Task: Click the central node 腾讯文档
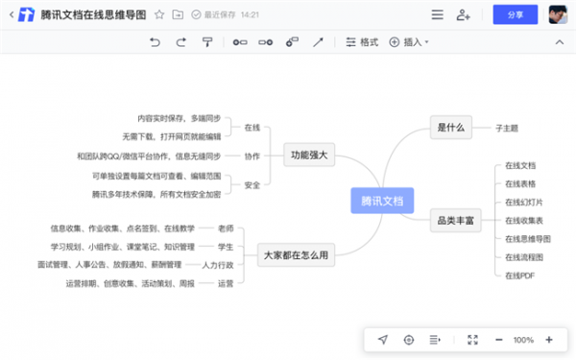click(381, 202)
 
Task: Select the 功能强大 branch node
click(308, 156)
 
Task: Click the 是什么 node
click(450, 127)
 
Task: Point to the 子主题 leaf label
click(507, 127)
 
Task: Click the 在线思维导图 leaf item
click(527, 238)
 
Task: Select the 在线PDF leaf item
click(519, 276)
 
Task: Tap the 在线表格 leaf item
click(520, 183)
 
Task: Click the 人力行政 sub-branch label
click(217, 264)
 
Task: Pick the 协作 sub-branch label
click(252, 156)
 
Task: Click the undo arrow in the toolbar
click(156, 42)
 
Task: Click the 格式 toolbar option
click(362, 42)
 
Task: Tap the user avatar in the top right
click(557, 14)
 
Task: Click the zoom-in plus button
click(548, 340)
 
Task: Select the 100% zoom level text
click(523, 340)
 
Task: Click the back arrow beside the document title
click(12, 15)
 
